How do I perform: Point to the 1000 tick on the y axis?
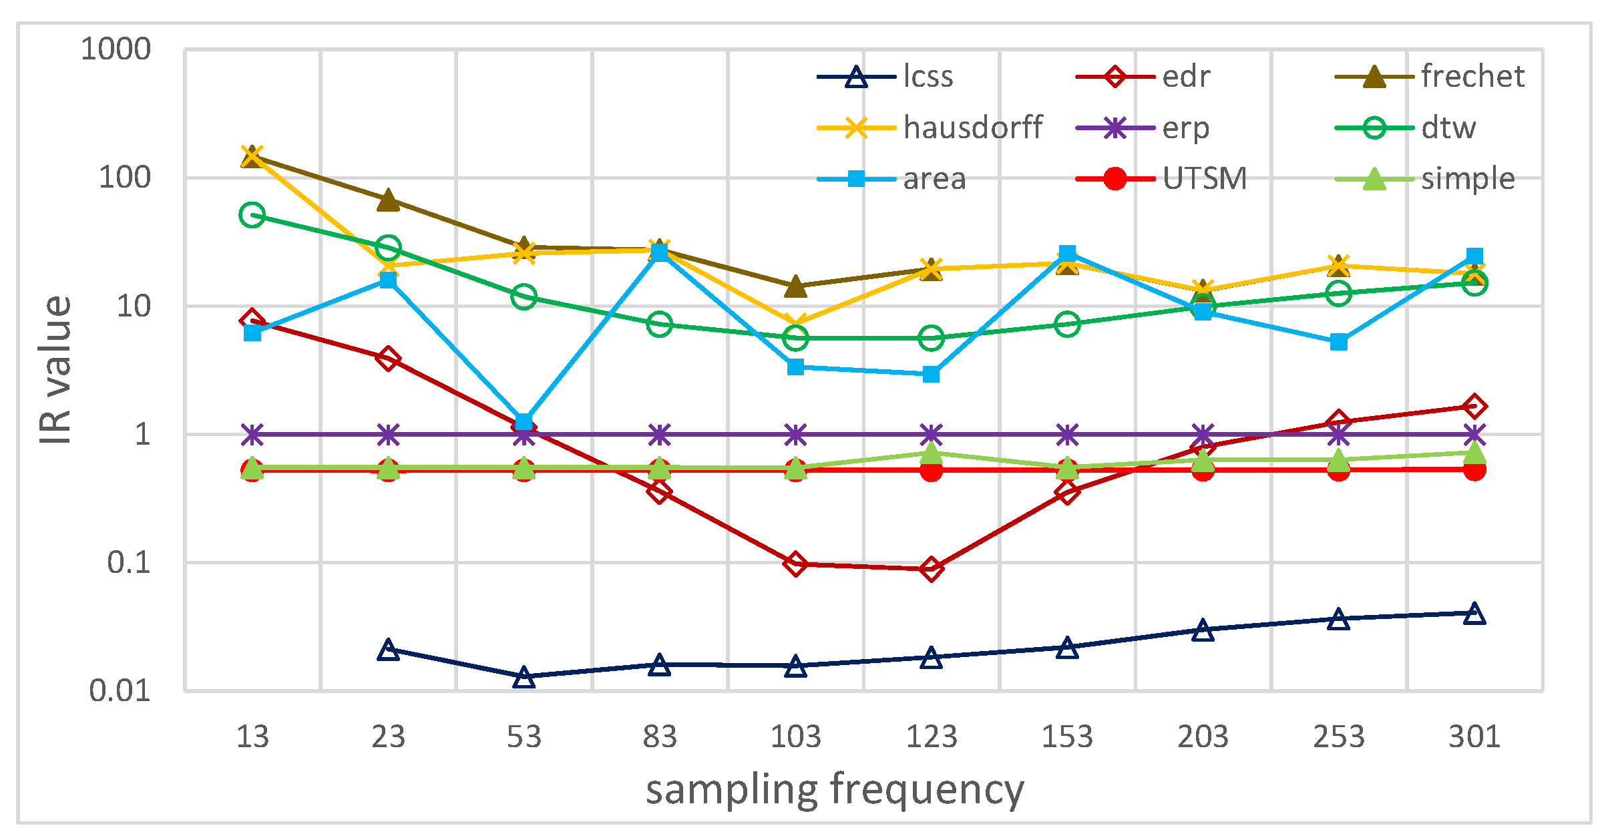(x=116, y=49)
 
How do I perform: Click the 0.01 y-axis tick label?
(x=120, y=690)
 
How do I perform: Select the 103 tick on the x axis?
(x=795, y=737)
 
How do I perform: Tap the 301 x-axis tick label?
(x=1474, y=737)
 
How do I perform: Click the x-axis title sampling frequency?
(x=835, y=789)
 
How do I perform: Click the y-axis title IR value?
(x=55, y=371)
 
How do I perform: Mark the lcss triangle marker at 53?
(x=524, y=677)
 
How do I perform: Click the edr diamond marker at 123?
(x=932, y=569)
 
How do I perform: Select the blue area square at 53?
(x=524, y=422)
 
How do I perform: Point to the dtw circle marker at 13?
(x=252, y=215)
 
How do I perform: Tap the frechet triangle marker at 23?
(x=389, y=200)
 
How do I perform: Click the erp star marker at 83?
(x=660, y=435)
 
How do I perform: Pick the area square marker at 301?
(x=1474, y=256)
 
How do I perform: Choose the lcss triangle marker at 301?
(x=1474, y=614)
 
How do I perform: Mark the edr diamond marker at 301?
(x=1474, y=406)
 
